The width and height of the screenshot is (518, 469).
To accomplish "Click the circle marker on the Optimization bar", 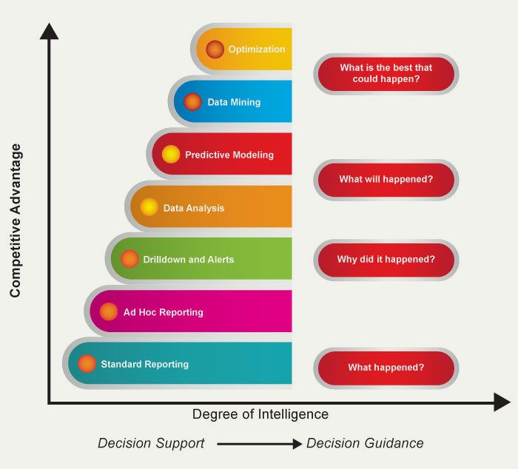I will pos(215,50).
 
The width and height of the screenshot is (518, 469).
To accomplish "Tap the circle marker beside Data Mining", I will pos(192,102).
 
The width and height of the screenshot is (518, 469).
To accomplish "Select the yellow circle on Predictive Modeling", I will pos(171,155).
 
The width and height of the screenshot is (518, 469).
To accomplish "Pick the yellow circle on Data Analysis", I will pos(149,207).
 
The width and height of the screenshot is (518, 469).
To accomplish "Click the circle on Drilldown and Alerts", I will pos(129,259).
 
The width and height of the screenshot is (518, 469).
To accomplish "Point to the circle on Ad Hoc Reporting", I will pos(109,311).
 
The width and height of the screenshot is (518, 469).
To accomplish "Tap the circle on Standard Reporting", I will pos(87,364).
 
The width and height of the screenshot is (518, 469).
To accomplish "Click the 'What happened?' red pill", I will pos(386,368).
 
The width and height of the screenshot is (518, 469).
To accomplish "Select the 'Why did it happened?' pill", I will pos(386,260).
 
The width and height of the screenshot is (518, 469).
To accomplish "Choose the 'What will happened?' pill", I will pos(386,179).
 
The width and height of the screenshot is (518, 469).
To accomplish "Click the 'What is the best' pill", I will pos(386,73).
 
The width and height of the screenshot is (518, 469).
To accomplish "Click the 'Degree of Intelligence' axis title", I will pos(260,414).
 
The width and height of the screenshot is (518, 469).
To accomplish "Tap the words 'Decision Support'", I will pos(151,443).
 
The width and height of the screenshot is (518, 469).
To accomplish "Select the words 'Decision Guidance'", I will pos(365,443).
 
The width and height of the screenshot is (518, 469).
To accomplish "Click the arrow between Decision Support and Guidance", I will pos(259,444).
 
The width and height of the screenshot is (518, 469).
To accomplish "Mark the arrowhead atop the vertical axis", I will pos(49,32).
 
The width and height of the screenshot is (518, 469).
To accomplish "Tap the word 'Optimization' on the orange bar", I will pos(256,50).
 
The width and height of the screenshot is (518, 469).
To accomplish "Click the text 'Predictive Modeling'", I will pos(229,155).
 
